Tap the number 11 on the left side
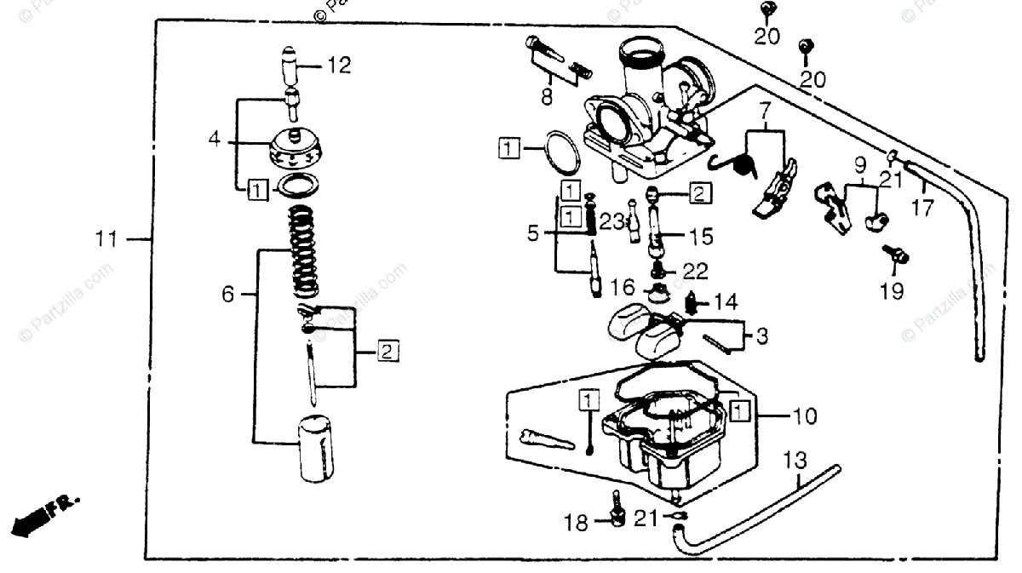(107, 240)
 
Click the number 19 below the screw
(893, 291)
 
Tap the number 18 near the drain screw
(577, 523)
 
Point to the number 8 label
(546, 97)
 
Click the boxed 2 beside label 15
(698, 193)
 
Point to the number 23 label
(611, 221)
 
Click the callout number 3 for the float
(761, 336)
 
